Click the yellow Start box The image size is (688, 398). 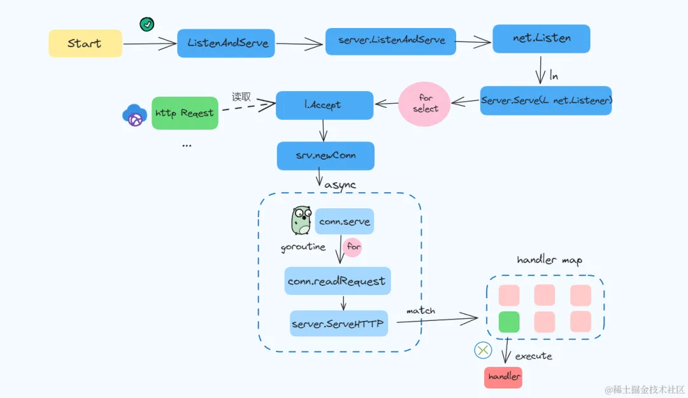click(x=85, y=43)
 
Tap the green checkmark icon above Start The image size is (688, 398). click(x=147, y=24)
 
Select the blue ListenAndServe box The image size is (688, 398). click(x=226, y=43)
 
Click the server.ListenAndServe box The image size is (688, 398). click(x=391, y=41)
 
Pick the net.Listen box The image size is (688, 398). click(x=541, y=38)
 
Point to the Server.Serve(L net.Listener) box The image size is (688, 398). click(x=546, y=101)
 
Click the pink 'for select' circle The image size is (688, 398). click(x=424, y=103)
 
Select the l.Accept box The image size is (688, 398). click(x=325, y=105)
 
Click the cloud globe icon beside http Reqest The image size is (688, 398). click(x=134, y=115)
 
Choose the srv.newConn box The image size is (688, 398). click(x=326, y=155)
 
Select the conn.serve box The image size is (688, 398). click(x=345, y=222)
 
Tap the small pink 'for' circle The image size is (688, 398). click(x=352, y=247)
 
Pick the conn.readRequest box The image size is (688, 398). click(x=337, y=281)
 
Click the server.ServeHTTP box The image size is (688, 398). click(x=338, y=323)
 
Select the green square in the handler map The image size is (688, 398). click(x=509, y=321)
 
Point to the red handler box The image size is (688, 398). click(x=503, y=376)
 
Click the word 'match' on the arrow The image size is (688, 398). click(x=421, y=311)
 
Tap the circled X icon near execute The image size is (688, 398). click(x=484, y=350)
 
